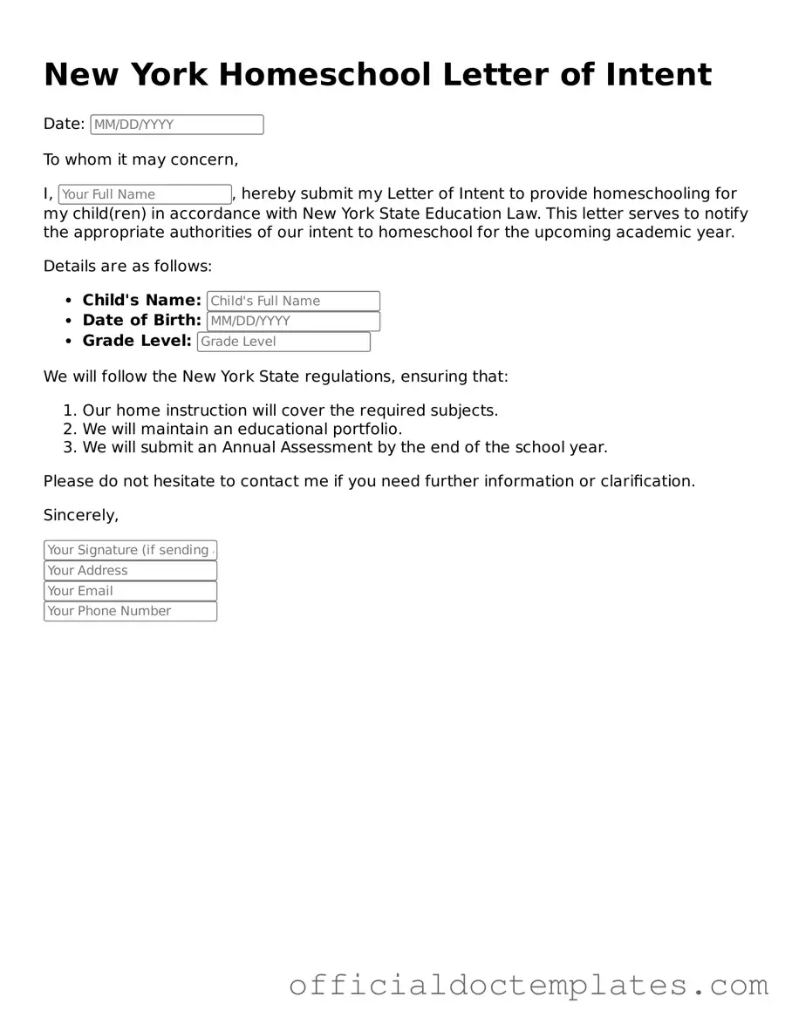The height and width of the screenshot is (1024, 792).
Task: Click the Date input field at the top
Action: click(x=176, y=125)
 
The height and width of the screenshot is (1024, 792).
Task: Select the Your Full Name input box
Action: click(x=144, y=194)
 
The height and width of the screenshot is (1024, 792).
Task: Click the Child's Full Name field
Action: click(x=293, y=301)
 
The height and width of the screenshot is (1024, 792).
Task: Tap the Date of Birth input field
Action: click(x=293, y=321)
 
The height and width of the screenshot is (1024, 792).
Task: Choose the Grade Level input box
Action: click(x=283, y=342)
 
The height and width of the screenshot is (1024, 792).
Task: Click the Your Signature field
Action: click(x=130, y=550)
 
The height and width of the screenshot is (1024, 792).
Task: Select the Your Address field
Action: click(x=130, y=571)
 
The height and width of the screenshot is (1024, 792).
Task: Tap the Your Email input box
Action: click(x=130, y=591)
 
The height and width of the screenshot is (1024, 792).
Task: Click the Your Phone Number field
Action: click(x=130, y=611)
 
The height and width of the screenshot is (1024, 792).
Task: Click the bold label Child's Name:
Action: click(x=142, y=301)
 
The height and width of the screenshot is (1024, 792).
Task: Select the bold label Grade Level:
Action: click(x=137, y=341)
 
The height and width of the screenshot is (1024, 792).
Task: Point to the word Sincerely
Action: click(x=80, y=515)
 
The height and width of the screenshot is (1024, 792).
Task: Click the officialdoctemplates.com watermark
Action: click(x=529, y=986)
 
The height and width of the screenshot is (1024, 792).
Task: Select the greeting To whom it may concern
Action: click(x=140, y=159)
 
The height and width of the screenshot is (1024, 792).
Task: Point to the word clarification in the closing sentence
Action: click(x=646, y=481)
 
